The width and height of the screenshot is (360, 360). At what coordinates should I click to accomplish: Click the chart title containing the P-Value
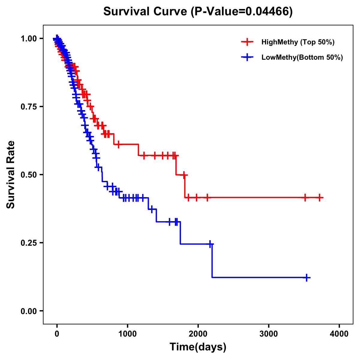coord(198,11)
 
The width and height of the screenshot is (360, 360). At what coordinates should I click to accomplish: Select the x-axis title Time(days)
coord(198,347)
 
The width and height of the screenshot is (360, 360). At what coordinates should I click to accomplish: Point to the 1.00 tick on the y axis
coord(28,38)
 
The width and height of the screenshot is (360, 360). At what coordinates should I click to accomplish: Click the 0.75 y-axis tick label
coord(28,106)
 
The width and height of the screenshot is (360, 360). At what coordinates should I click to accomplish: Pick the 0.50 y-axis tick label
coord(28,175)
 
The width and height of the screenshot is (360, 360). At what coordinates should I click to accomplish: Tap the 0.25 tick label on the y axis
coord(28,243)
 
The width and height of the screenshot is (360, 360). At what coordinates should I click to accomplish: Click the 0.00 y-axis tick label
coord(28,311)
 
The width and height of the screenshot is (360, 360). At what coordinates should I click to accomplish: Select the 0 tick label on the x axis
coord(57,334)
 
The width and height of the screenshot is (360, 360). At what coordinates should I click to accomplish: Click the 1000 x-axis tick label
coord(127,334)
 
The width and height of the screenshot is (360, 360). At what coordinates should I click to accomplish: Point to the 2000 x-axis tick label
coord(198,334)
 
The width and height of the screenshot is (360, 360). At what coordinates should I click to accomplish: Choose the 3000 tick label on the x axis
coord(268,334)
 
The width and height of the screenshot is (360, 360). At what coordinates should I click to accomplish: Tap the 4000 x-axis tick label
coord(339,334)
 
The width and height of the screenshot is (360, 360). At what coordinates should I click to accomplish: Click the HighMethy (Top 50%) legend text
coord(298,42)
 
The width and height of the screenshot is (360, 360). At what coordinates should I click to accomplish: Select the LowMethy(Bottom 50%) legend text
coord(302,57)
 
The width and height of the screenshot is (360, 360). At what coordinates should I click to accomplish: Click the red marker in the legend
coord(247,42)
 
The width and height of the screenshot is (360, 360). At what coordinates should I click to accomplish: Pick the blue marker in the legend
coord(247,57)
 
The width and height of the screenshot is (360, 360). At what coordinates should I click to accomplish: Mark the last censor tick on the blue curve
coord(307,277)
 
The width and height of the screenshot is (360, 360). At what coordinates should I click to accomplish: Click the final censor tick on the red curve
coord(319,197)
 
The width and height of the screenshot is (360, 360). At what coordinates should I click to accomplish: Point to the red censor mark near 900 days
coord(118,144)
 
